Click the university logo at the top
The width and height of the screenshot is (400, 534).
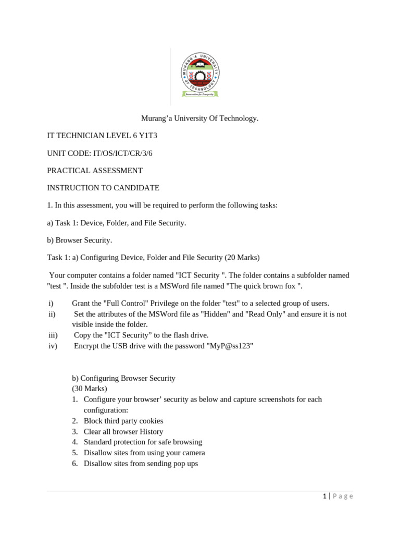point(200,75)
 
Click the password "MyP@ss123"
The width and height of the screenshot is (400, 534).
point(230,346)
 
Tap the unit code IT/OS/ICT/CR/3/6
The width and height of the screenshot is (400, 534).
point(122,153)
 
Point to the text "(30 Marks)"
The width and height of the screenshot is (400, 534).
point(90,389)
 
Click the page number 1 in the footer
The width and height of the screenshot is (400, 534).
point(324,496)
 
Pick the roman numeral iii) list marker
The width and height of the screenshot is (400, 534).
point(52,335)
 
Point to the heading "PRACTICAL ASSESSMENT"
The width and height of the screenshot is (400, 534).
point(95,171)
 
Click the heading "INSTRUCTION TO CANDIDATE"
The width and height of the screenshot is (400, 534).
point(103,188)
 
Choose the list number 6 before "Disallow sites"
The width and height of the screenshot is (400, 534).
point(75,464)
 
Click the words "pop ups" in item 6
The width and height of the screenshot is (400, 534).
point(185,464)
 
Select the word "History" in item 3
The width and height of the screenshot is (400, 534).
point(151,432)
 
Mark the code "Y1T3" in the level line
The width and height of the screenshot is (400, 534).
point(146,136)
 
